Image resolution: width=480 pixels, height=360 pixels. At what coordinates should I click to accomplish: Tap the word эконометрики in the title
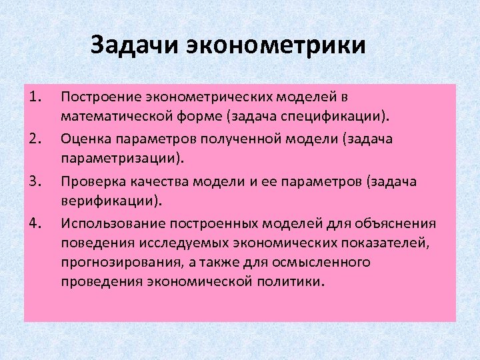tap(277, 46)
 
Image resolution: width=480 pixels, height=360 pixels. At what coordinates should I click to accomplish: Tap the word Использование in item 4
tap(107, 222)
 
